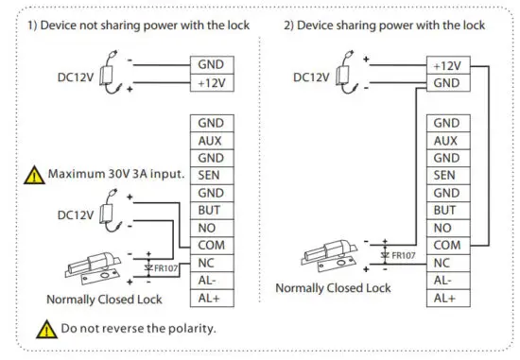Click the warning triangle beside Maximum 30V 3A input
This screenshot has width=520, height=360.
tap(34, 176)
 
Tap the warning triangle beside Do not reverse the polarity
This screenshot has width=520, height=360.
tap(46, 329)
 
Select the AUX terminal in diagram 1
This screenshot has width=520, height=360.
tap(209, 140)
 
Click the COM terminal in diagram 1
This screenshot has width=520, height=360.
tap(209, 245)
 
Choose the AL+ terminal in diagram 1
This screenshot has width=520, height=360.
tap(209, 298)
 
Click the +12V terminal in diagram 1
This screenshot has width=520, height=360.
tap(209, 82)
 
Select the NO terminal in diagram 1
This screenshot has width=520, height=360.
tap(209, 228)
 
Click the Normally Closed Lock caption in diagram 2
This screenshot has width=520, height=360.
tap(332, 287)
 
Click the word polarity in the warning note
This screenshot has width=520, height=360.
tap(189, 329)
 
